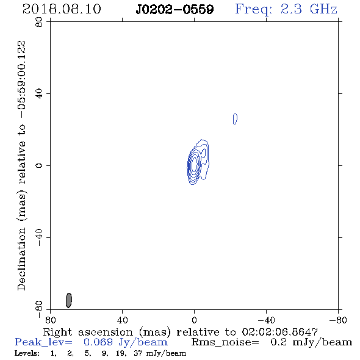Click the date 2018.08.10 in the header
point(62,9)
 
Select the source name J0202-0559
point(175,10)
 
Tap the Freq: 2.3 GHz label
point(286,10)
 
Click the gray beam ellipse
point(69,300)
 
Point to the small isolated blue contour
point(235,119)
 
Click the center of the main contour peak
point(195,165)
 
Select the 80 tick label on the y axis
point(39,22)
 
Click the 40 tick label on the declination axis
point(39,94)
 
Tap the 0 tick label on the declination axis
point(39,165)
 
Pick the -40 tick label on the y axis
point(39,237)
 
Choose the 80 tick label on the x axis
point(50,320)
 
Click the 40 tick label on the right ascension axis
point(122,320)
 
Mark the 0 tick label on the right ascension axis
point(194,320)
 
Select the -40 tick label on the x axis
point(266,320)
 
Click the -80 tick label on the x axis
point(338,320)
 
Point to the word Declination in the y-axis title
point(21,259)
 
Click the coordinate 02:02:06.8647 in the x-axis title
point(279,332)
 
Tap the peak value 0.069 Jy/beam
point(125,342)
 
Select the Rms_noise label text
point(225,342)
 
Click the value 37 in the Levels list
point(138,353)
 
